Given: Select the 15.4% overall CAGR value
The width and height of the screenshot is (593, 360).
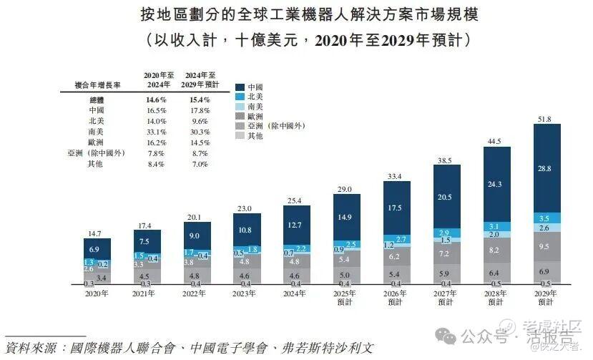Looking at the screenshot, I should (x=200, y=101).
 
